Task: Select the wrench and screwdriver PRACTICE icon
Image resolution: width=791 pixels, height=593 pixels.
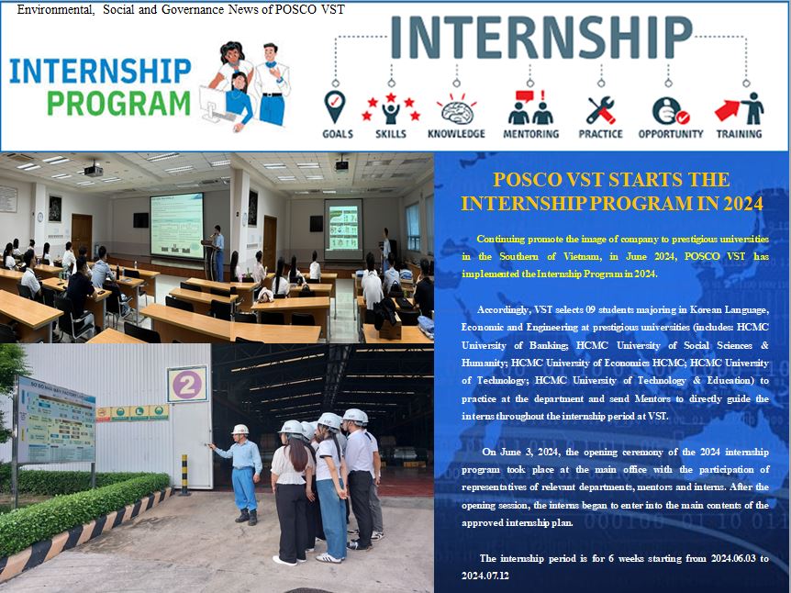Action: click(x=600, y=110)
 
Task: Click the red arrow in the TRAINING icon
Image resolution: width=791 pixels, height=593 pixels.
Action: click(x=728, y=110)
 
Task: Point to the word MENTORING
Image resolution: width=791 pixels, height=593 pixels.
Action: click(x=531, y=134)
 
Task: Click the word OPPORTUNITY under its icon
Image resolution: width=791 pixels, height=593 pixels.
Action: click(x=671, y=134)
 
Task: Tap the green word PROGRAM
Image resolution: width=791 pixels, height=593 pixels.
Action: click(x=119, y=104)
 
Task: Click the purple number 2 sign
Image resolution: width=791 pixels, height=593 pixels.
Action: click(x=187, y=385)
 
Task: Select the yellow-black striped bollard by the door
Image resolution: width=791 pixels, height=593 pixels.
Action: click(x=184, y=475)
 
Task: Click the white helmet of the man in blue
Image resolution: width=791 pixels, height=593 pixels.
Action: click(x=240, y=430)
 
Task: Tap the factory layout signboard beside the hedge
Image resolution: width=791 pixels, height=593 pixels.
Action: click(x=56, y=420)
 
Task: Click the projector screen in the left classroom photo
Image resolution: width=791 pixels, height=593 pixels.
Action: click(x=176, y=226)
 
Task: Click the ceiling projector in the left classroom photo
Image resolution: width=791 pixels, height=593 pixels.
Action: click(x=94, y=170)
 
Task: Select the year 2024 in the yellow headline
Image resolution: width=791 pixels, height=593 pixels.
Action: click(x=743, y=204)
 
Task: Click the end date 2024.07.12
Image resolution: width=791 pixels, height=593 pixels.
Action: click(x=485, y=576)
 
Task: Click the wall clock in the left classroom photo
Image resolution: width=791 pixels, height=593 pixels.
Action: click(x=39, y=217)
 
